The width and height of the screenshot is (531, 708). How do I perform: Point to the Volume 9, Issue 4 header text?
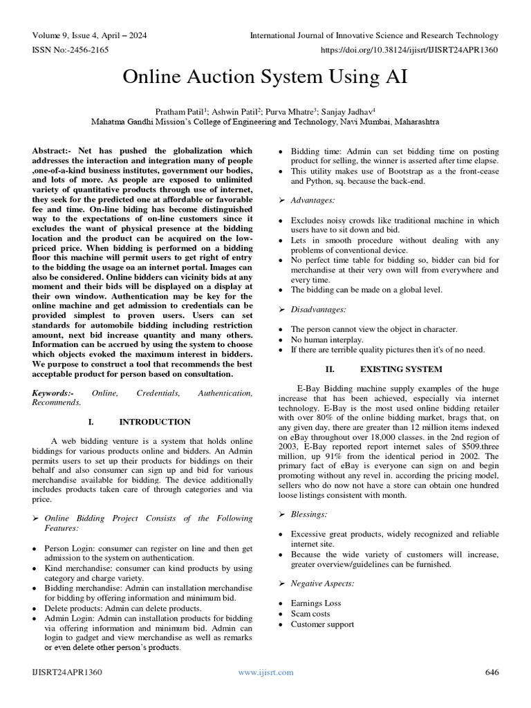(89, 35)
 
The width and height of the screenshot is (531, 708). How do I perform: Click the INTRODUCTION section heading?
(154, 422)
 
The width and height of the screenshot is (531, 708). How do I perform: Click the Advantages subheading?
(317, 200)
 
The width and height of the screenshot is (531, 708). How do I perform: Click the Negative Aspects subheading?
(322, 584)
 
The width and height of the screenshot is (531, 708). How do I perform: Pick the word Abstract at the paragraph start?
(52, 151)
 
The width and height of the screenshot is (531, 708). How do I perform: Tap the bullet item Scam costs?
(310, 614)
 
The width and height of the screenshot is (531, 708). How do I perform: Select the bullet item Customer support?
(322, 624)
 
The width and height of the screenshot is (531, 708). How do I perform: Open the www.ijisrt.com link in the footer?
(265, 672)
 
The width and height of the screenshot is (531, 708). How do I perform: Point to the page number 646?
(492, 672)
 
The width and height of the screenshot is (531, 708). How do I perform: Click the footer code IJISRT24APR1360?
(68, 672)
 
